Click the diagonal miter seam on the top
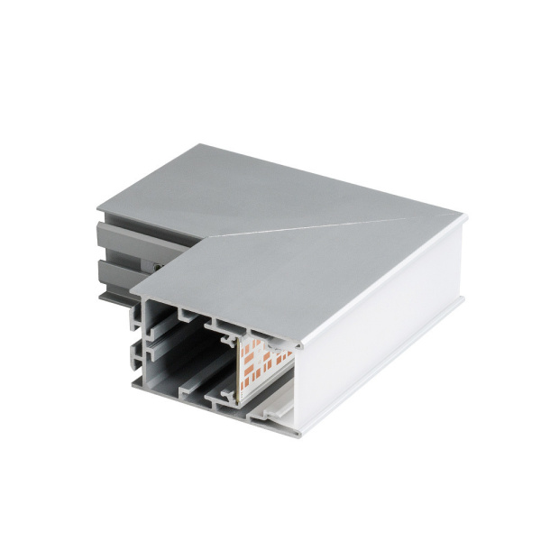coord(334,225)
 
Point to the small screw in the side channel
coord(159,268)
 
